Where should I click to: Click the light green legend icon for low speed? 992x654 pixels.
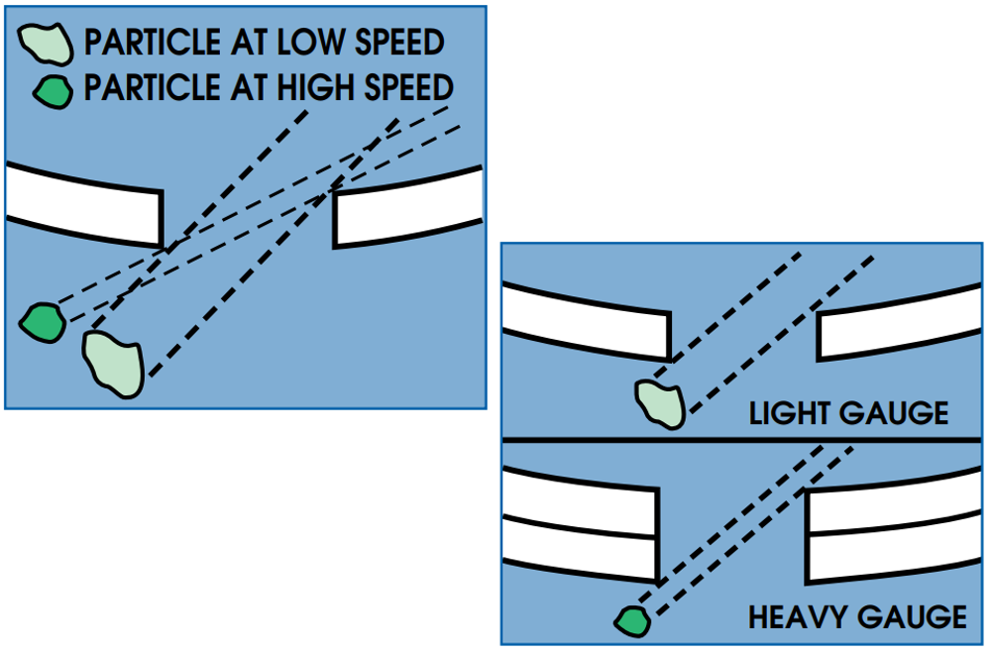(46, 42)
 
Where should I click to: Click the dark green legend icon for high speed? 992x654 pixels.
(52, 91)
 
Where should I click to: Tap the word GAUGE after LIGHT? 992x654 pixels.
(896, 412)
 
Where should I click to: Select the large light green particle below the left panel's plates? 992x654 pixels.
(114, 363)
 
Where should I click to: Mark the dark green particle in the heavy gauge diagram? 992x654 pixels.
(630, 620)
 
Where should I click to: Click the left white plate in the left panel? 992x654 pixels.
(85, 203)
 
